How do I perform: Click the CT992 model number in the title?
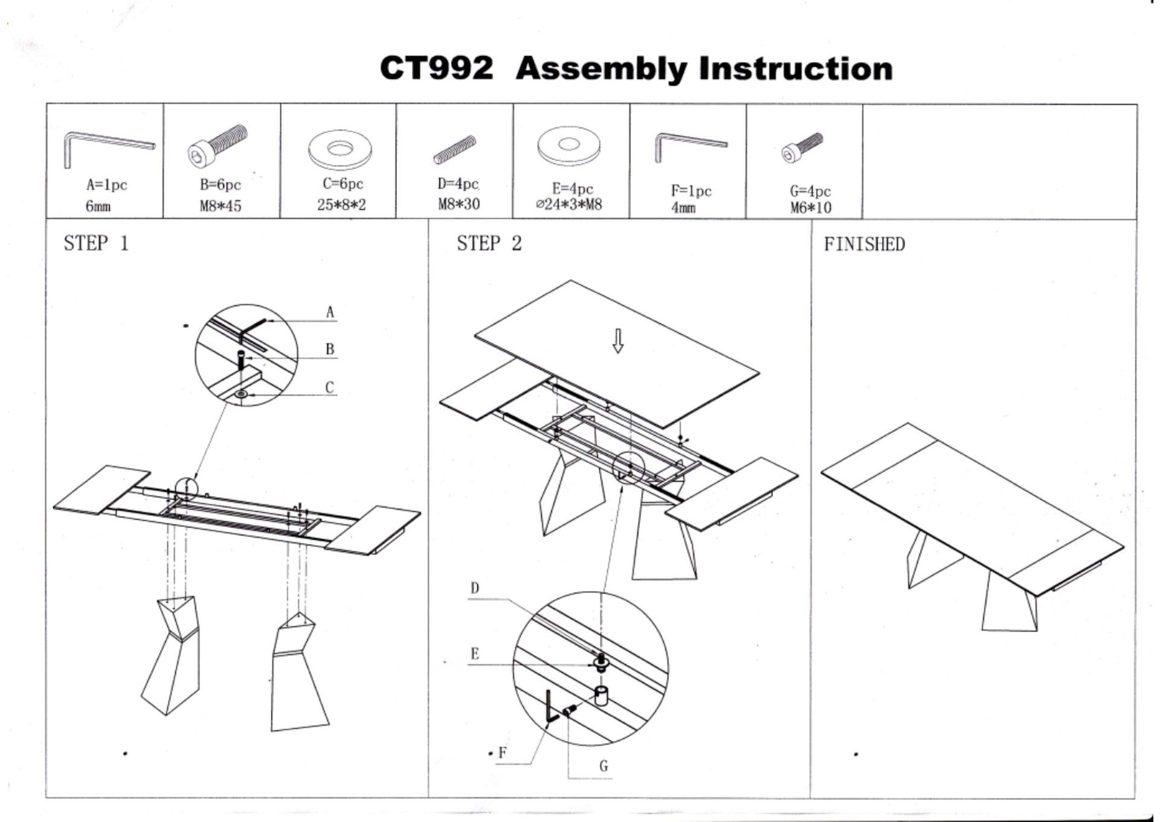coord(436,68)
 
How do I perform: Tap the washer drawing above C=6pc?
coord(340,149)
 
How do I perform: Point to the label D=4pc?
coord(458,184)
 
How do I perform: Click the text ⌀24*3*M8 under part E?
coord(569,204)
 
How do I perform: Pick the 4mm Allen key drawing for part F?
coord(688,146)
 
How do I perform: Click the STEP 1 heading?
coord(96,243)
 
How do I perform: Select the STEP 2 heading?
coord(489,243)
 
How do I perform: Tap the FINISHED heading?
coord(864,244)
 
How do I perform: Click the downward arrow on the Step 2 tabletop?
coord(617,341)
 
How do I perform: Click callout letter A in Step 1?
coord(330,312)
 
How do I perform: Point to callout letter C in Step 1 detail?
coord(329,387)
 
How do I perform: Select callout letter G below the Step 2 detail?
coord(603,766)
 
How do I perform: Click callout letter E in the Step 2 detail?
coord(474,653)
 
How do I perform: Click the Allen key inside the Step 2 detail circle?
coord(551,708)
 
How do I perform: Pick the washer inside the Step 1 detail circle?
coord(242,394)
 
